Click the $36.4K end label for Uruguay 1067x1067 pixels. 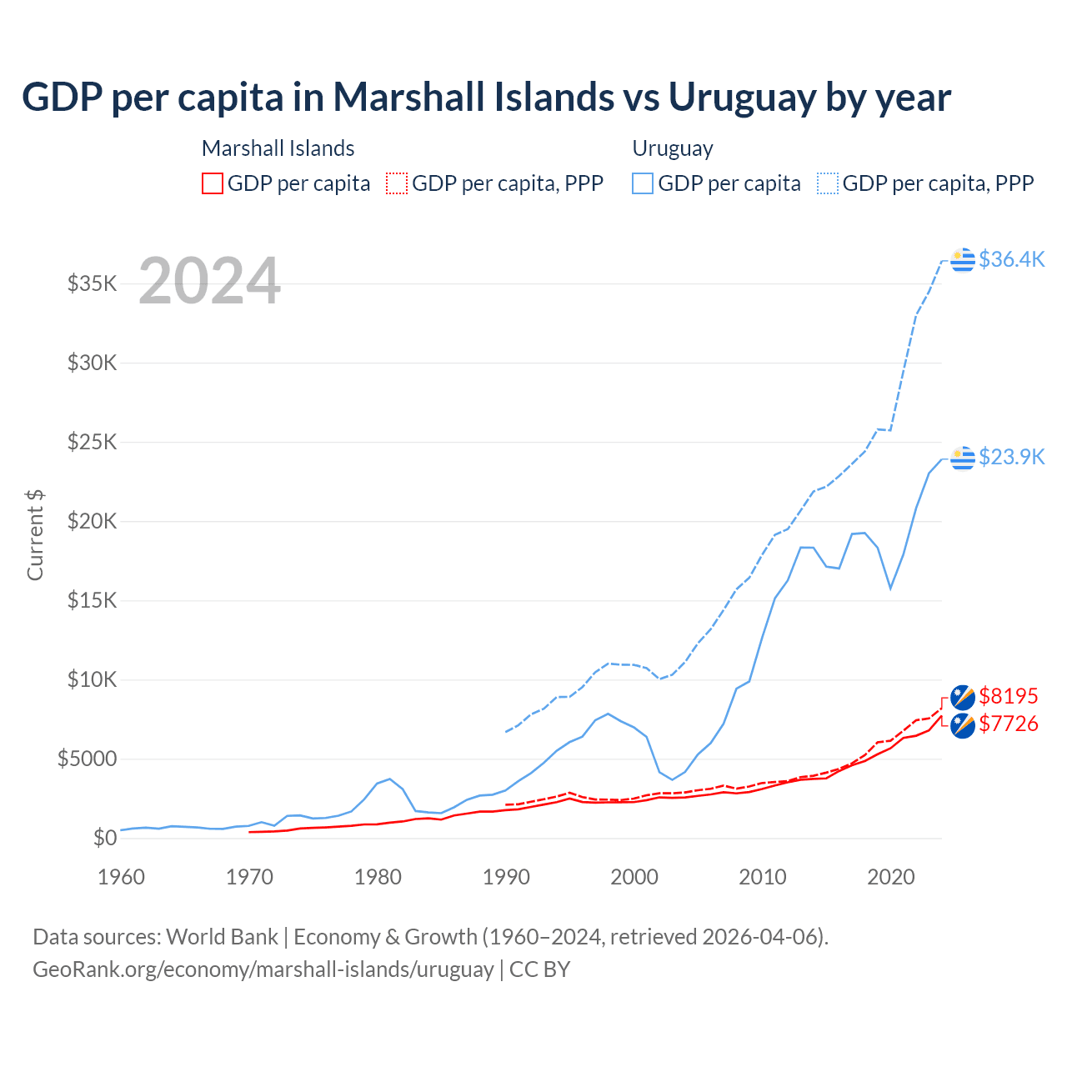point(1011,259)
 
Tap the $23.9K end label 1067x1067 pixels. point(1011,457)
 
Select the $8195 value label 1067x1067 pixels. point(1009,696)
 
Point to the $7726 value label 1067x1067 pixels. point(1009,724)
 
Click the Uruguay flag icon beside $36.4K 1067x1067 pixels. point(963,260)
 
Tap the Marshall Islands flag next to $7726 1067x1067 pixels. point(963,725)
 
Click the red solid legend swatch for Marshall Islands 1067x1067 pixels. point(213,183)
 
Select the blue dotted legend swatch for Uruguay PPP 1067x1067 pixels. point(828,183)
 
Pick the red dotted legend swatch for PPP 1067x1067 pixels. point(398,183)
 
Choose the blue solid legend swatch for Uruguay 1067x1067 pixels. point(643,183)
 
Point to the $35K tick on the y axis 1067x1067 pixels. point(92,283)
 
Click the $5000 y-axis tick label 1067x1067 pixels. point(87,759)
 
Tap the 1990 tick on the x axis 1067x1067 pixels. point(506,877)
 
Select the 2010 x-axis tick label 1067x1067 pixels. point(763,877)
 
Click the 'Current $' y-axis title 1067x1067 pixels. point(35,534)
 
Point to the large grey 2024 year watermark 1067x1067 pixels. point(209,281)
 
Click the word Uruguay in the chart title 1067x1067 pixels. point(742,98)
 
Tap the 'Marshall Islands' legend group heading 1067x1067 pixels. point(278,148)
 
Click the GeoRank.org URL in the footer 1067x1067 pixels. point(263,969)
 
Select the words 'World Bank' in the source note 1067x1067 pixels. point(222,937)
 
